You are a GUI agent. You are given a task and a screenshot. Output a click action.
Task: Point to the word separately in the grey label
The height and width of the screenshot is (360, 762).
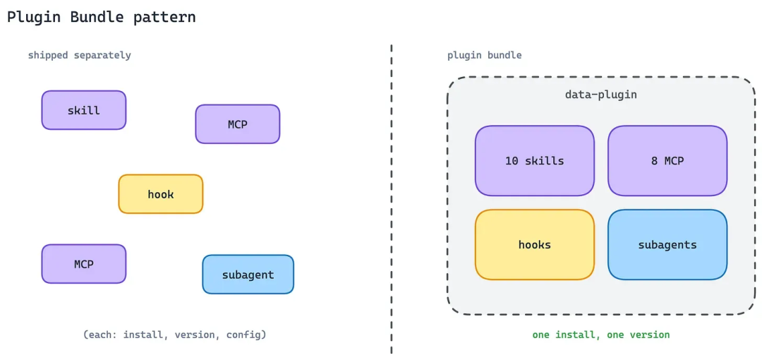(102, 56)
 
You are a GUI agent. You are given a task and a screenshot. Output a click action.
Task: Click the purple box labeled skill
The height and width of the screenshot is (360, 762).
(83, 110)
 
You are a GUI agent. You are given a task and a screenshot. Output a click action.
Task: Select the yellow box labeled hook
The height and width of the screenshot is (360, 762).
(160, 194)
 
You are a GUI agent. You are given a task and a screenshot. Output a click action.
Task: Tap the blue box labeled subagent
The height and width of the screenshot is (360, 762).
(248, 275)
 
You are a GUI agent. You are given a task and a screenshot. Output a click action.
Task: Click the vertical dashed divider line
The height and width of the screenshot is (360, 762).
(391, 199)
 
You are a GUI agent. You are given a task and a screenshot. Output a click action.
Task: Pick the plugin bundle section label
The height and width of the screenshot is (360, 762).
(485, 56)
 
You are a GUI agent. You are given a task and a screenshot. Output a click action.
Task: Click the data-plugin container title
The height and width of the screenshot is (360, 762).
(600, 95)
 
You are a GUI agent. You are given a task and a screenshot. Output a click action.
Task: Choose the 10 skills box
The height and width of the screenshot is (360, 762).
(535, 160)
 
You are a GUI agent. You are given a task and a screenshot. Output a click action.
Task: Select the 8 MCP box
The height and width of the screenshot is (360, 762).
(667, 160)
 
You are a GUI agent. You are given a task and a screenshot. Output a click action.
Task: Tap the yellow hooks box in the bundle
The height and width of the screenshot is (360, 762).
(535, 245)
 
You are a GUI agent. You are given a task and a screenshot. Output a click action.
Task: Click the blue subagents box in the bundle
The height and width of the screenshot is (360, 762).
(667, 245)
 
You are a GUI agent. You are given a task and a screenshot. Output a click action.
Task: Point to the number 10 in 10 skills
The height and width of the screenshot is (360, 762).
(512, 161)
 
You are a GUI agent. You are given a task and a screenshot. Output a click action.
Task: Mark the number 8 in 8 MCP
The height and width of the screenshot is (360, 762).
(655, 161)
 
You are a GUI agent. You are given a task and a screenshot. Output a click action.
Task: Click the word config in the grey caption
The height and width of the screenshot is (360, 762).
(246, 335)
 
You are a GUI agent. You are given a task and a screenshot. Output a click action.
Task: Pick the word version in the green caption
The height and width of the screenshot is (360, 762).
(650, 335)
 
